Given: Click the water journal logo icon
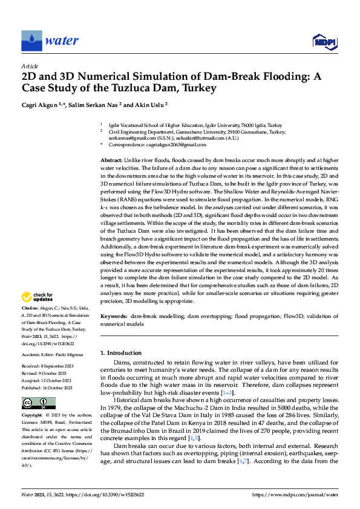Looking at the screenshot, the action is point(31,41).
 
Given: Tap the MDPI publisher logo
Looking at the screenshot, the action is point(324,41).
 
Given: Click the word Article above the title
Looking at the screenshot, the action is point(30,65).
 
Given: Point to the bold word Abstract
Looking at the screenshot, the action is point(112,158).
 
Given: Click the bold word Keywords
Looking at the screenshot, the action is point(114,316).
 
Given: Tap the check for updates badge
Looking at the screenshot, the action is point(38,297).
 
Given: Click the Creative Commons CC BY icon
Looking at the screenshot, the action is point(38,403).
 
